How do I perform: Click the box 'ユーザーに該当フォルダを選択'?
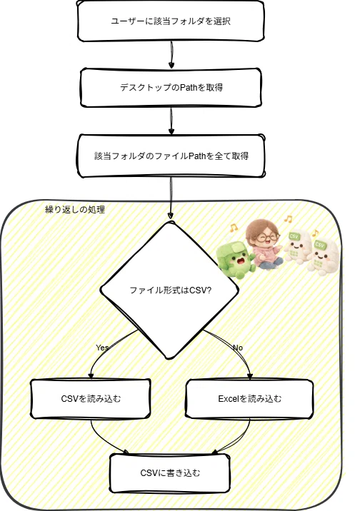pos(171,21)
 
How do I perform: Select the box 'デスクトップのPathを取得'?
pos(171,87)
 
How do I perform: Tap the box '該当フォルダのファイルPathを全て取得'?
pos(171,156)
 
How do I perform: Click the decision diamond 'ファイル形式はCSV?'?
pos(170,290)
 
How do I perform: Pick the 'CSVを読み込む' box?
pos(91,398)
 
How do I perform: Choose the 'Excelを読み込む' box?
pos(249,398)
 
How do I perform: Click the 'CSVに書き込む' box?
pos(170,473)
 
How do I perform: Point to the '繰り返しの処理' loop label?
pos(75,209)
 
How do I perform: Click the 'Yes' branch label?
pos(102,348)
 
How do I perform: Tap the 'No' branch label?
pos(238,348)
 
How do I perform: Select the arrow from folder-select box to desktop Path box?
pos(171,55)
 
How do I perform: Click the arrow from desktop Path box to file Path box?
pos(171,121)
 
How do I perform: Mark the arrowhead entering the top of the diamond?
pos(170,216)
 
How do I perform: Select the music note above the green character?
pos(233,228)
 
